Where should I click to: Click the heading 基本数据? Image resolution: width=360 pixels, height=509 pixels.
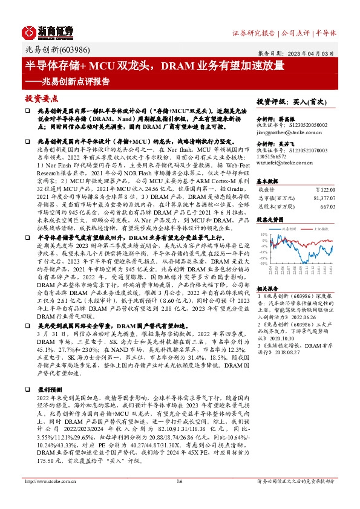pos(269,181)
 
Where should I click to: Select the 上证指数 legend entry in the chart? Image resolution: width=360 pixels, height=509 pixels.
pos(320,230)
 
